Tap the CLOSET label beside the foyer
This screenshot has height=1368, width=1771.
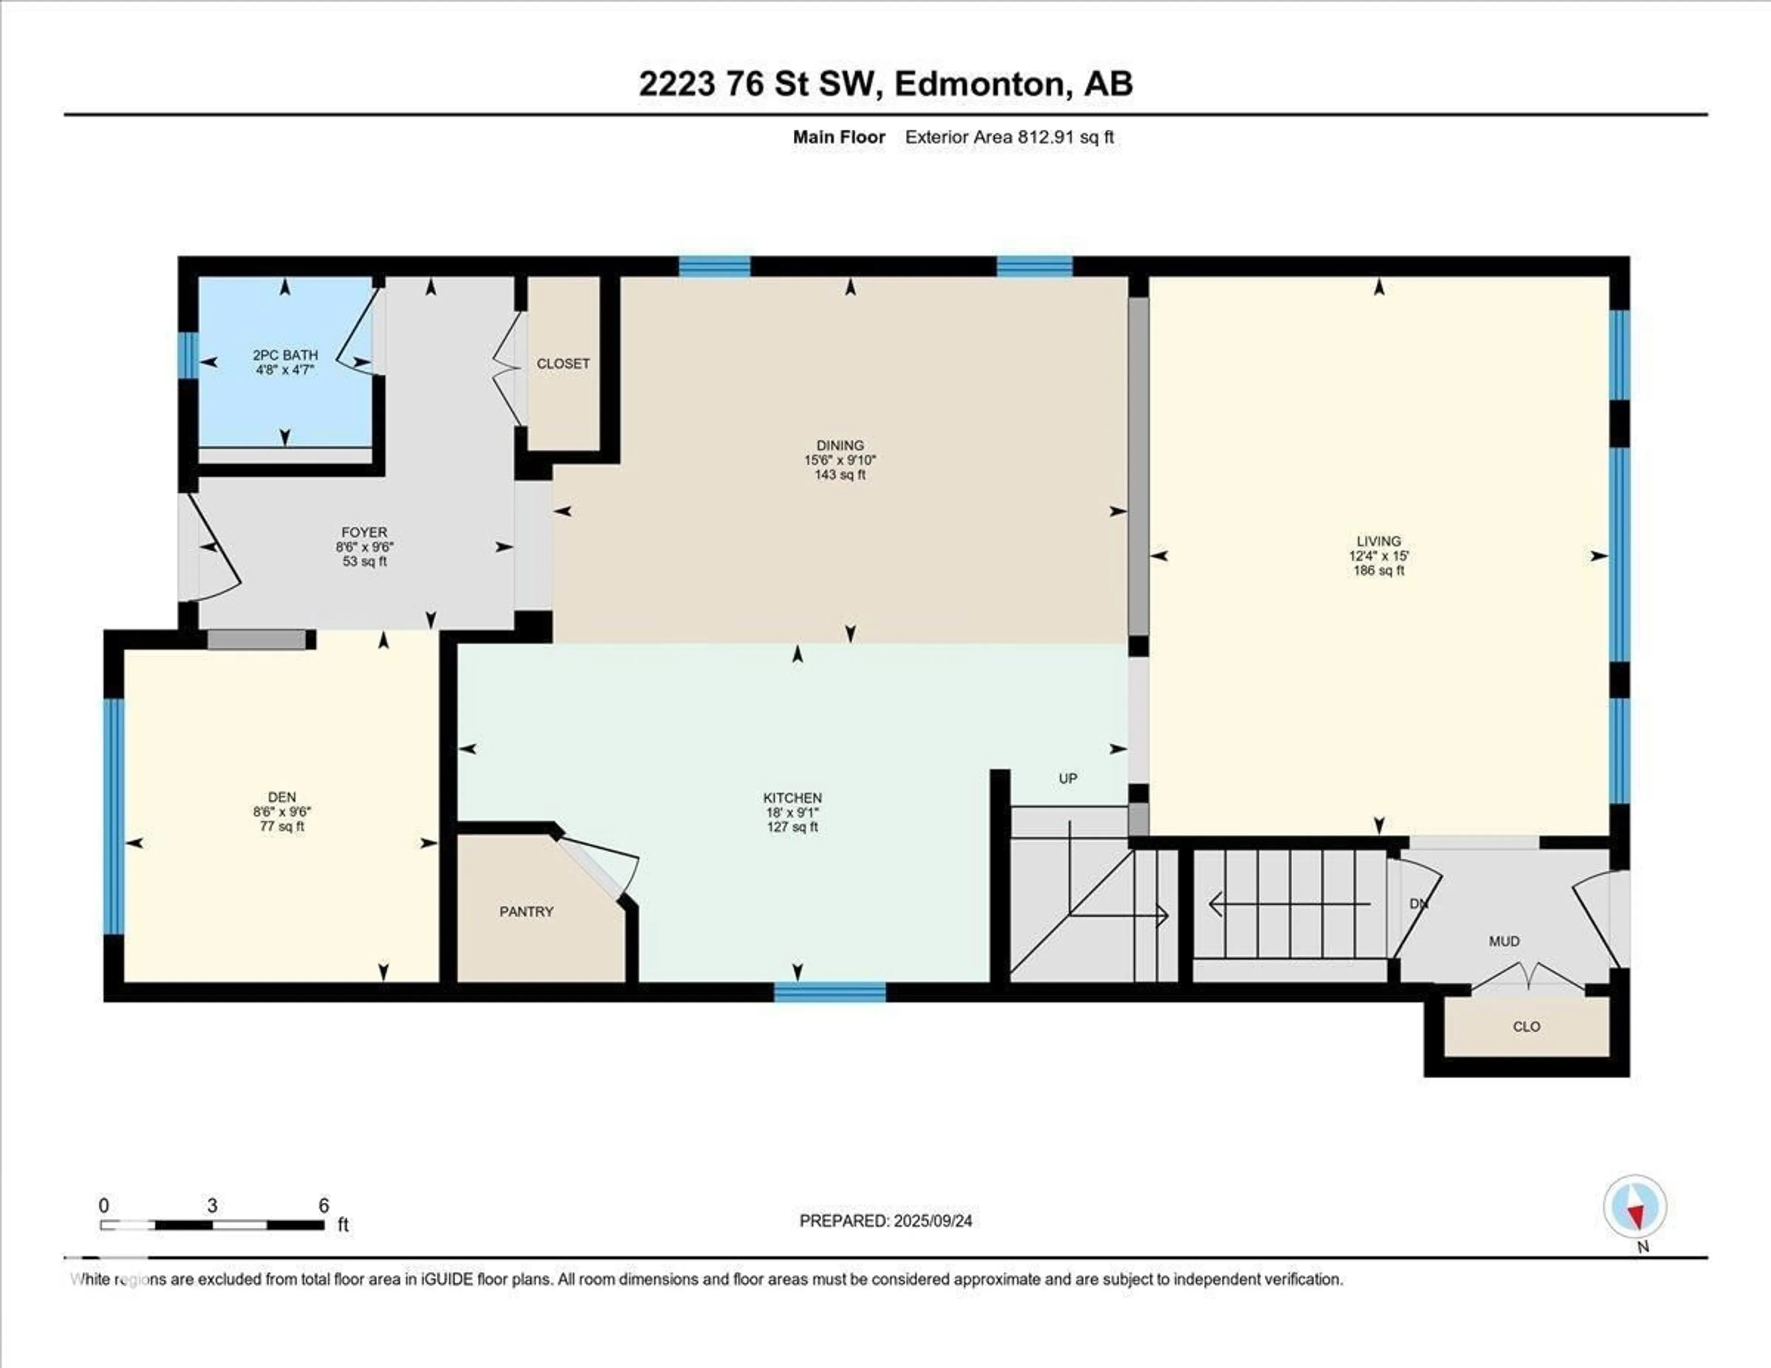pos(563,364)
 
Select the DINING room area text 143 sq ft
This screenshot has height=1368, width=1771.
pos(840,475)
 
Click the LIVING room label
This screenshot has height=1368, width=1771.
pos(1379,541)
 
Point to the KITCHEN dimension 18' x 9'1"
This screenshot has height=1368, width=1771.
pos(792,813)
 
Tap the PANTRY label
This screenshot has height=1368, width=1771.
pos(526,911)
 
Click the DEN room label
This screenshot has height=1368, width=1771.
pos(281,797)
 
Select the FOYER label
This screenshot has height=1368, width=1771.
pos(364,532)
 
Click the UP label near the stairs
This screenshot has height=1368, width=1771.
pos(1067,779)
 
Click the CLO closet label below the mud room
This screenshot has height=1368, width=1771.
pos(1526,1027)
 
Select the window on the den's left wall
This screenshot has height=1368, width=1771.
pos(114,814)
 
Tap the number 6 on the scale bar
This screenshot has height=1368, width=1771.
pos(324,1206)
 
